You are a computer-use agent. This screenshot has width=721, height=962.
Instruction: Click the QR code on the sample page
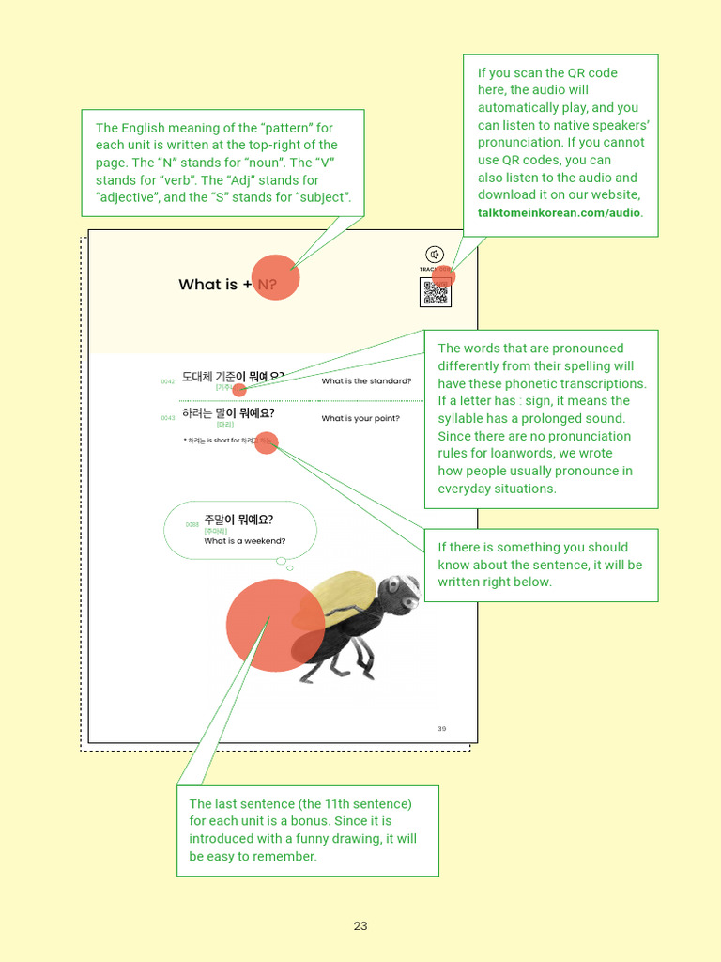point(435,293)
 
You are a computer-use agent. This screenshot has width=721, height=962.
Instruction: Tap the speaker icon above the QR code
point(434,255)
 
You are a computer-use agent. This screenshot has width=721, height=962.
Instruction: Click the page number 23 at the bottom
point(360,926)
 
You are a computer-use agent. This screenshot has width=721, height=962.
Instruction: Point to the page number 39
point(442,729)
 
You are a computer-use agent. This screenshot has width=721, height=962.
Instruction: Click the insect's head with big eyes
point(400,595)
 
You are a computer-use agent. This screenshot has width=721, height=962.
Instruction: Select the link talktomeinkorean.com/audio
point(560,212)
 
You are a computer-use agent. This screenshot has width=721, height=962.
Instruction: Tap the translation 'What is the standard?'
point(366,381)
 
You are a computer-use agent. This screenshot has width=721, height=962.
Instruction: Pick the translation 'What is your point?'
point(360,419)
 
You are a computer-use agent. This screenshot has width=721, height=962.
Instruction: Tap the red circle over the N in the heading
point(274,278)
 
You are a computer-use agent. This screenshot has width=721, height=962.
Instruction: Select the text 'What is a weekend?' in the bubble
point(245,541)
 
